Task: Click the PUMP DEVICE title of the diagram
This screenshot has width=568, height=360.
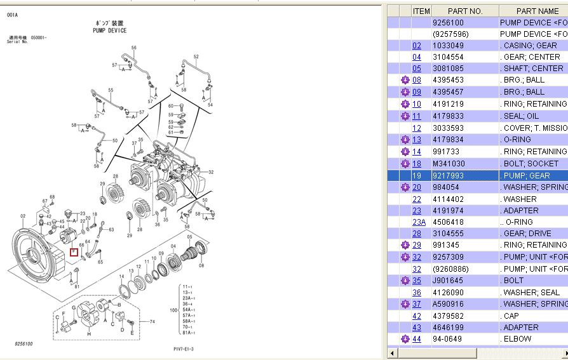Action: coord(109,30)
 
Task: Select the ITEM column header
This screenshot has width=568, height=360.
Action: coord(421,11)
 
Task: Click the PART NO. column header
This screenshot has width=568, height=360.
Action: coord(465,11)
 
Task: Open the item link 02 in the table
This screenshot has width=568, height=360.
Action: coord(417,46)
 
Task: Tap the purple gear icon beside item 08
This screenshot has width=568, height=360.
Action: coord(405,80)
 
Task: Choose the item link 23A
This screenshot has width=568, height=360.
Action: coord(419,222)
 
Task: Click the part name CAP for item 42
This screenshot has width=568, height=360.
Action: coord(511,316)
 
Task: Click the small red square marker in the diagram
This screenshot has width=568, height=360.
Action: coord(74,251)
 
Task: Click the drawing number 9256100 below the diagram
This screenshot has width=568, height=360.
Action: coord(24,344)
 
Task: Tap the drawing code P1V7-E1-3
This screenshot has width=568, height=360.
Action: coord(184,349)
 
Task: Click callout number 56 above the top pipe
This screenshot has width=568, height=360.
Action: coord(134,48)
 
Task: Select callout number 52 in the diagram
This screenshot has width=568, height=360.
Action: coord(196,57)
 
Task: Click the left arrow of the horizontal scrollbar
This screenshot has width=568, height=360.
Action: coord(392,353)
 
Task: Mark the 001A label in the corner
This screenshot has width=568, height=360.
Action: coord(13,15)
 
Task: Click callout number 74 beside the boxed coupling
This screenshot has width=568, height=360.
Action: coord(152,322)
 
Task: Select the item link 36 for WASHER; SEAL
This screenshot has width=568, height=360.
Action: coord(417,293)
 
